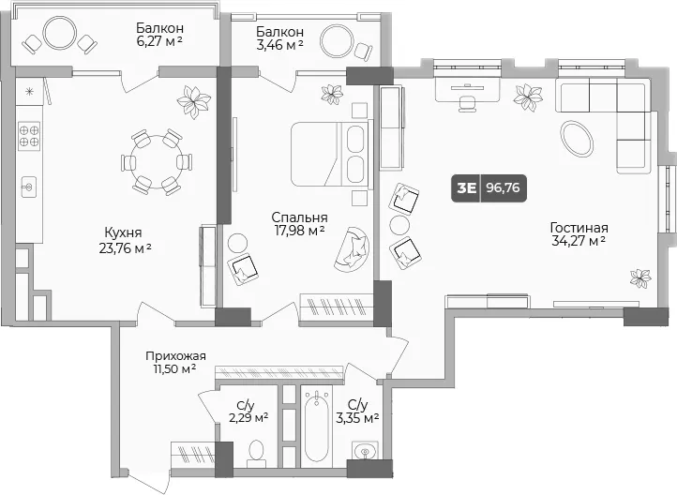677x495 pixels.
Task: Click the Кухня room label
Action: (x=123, y=233)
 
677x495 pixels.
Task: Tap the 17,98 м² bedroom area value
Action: (x=300, y=231)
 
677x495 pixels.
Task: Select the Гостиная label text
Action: (x=579, y=228)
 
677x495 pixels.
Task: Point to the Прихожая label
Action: (x=175, y=356)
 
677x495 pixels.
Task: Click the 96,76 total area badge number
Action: (x=503, y=187)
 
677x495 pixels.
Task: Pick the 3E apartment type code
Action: (x=466, y=187)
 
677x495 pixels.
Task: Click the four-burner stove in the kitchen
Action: (x=29, y=136)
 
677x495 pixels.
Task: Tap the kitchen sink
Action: (x=29, y=187)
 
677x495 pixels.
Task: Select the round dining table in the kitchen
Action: (x=157, y=162)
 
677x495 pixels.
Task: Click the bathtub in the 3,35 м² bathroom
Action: (x=317, y=426)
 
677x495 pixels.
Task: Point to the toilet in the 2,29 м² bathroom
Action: (x=257, y=454)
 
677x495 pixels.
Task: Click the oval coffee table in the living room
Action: (x=577, y=138)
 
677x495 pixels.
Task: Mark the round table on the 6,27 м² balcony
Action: (x=60, y=33)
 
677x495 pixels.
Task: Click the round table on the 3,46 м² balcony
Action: (x=337, y=42)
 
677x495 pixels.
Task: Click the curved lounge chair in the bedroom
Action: (x=353, y=250)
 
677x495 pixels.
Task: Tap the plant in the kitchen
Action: (x=194, y=102)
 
